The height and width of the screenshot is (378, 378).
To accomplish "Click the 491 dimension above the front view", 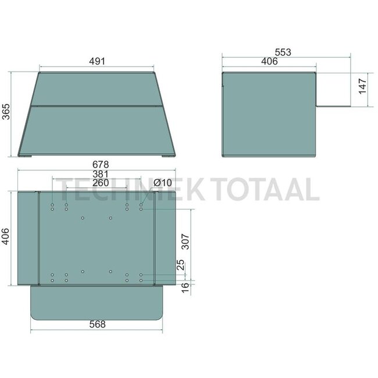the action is coord(97,61).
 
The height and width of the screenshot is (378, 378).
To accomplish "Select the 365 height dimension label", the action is coord(6,112).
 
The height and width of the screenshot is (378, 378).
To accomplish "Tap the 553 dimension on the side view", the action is coord(283,52).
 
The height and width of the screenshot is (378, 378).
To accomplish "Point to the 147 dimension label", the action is coord(362,86).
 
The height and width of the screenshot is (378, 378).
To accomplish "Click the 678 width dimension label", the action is coord(101,165).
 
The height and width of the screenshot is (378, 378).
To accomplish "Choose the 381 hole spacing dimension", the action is coord(101,174).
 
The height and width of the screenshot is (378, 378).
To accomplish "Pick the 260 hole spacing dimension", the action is coord(101,183).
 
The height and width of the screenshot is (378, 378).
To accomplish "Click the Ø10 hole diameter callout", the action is coord(162,183).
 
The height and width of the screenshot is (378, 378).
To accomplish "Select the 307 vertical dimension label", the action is coord(185,241).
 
